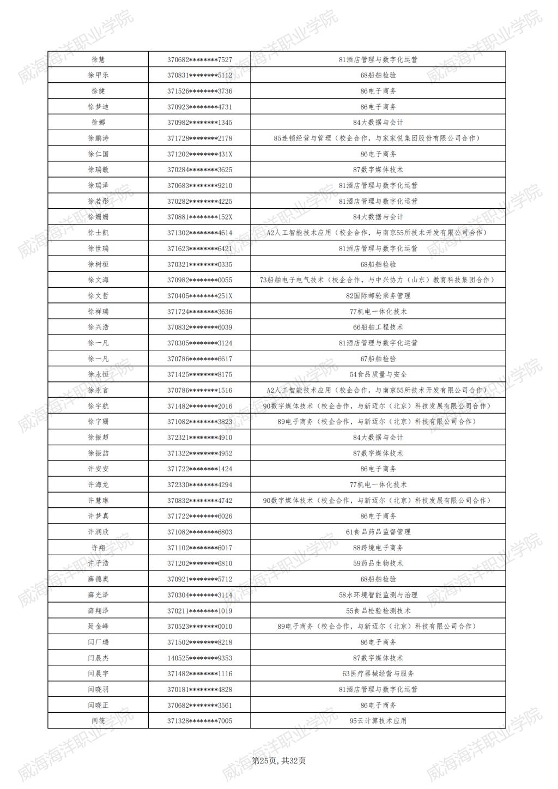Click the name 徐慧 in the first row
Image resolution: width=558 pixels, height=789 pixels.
(98, 59)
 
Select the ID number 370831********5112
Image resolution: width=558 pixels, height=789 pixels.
(199, 75)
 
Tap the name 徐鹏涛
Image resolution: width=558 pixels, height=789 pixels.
(98, 138)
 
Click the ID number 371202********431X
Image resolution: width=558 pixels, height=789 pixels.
(199, 154)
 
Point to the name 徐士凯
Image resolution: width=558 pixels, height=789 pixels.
(98, 233)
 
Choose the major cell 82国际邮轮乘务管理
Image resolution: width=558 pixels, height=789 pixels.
(378, 296)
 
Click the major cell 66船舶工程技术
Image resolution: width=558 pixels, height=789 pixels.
(378, 327)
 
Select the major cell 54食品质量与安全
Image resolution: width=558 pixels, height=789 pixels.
(378, 374)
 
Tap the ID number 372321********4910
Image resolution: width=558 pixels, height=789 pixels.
(199, 438)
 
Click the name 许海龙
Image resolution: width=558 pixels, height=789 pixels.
(98, 485)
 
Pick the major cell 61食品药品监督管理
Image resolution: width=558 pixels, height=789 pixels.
(378, 532)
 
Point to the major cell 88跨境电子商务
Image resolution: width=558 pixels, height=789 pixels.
(378, 548)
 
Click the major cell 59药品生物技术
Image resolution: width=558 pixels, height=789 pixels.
(378, 563)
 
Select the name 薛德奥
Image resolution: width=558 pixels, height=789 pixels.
(98, 579)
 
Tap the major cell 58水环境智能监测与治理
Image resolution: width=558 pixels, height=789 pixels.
(378, 595)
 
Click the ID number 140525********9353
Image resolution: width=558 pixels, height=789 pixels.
(199, 658)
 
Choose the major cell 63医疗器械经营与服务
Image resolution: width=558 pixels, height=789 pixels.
(378, 674)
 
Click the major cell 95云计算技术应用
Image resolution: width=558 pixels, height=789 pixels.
(378, 721)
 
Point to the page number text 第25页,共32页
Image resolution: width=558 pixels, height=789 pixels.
(279, 761)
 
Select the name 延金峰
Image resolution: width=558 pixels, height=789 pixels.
(98, 627)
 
